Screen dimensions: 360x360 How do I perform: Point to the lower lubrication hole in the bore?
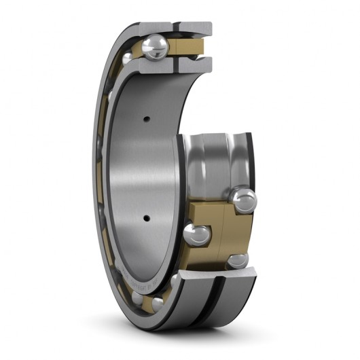click(145, 218)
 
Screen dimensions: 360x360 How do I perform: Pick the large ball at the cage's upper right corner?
click(242, 199)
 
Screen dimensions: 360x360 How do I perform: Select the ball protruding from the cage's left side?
click(197, 235)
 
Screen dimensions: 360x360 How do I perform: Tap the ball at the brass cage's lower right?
click(238, 260)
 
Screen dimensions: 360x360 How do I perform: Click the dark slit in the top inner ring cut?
click(179, 65)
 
